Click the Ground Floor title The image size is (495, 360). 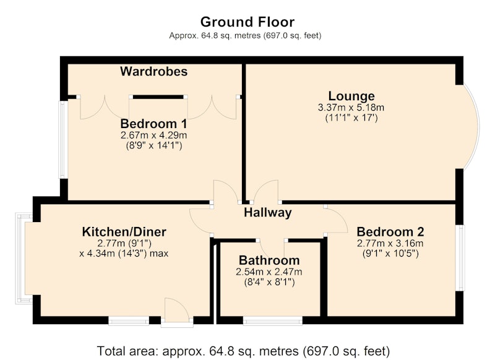(247, 22)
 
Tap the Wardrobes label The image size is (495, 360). (153, 71)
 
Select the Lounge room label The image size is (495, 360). (351, 96)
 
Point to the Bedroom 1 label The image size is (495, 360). (153, 123)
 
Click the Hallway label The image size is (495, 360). (268, 213)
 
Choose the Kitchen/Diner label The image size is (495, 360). (124, 232)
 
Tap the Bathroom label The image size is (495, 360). (269, 260)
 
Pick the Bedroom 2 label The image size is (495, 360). (390, 232)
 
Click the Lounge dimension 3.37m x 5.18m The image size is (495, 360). (351, 108)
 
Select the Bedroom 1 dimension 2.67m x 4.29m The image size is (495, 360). (153, 135)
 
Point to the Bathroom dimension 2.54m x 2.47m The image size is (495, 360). (269, 272)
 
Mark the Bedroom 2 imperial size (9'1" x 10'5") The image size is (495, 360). (391, 254)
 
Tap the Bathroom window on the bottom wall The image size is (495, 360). (273, 321)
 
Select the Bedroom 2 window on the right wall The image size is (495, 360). (461, 258)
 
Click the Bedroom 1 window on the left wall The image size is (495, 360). (63, 139)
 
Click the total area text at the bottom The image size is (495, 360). (243, 351)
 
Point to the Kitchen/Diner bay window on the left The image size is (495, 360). (22, 258)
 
